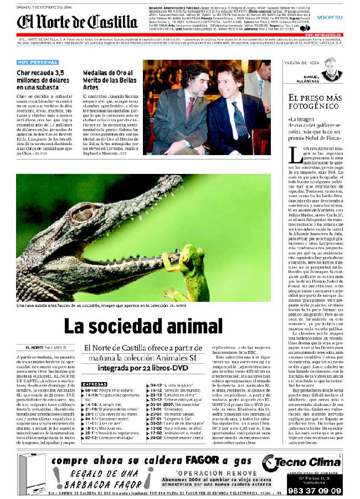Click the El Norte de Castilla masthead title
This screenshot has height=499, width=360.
tap(77, 22)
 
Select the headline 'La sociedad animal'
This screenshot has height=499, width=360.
tap(143, 326)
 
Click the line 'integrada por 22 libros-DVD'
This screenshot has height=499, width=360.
tap(141, 367)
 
